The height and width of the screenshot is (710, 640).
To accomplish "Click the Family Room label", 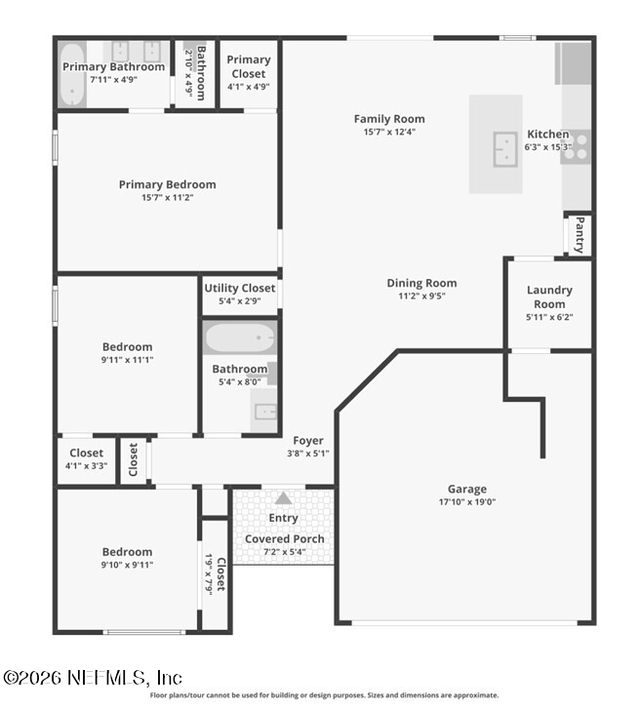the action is coord(389,119).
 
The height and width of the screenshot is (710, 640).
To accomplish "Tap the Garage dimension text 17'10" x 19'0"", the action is coord(467,501).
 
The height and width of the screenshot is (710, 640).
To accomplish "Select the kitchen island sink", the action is coord(505,149).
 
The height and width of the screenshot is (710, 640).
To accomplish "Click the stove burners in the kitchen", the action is coord(577,147).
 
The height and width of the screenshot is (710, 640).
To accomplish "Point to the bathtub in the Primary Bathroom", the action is coord(72,74).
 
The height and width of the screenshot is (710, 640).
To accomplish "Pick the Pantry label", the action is coord(580,234).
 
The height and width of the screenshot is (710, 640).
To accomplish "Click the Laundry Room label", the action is coord(549,297).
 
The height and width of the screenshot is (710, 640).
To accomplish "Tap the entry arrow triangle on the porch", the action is coord(283,498).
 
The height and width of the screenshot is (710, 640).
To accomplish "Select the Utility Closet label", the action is coord(240,288).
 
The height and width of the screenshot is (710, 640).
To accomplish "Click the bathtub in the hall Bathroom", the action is coord(240,337).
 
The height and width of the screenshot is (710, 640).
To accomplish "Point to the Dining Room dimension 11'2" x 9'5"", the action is coord(421,296).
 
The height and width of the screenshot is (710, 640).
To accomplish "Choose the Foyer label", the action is coord(308,441).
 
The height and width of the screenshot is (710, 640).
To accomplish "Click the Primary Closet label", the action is coord(249,66).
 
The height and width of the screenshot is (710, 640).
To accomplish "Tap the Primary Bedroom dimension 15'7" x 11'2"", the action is coord(167,197).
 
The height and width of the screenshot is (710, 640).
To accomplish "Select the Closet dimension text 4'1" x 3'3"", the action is coord(86,465).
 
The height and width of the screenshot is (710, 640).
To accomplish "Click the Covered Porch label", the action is coord(285,538).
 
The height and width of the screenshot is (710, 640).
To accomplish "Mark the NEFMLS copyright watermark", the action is coord(93,678).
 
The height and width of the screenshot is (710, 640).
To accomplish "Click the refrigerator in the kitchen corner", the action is coord(574,63).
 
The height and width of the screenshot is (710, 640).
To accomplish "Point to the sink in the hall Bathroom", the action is coord(264,412).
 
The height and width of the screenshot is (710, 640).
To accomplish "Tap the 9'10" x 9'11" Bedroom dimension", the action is coord(127,565).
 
